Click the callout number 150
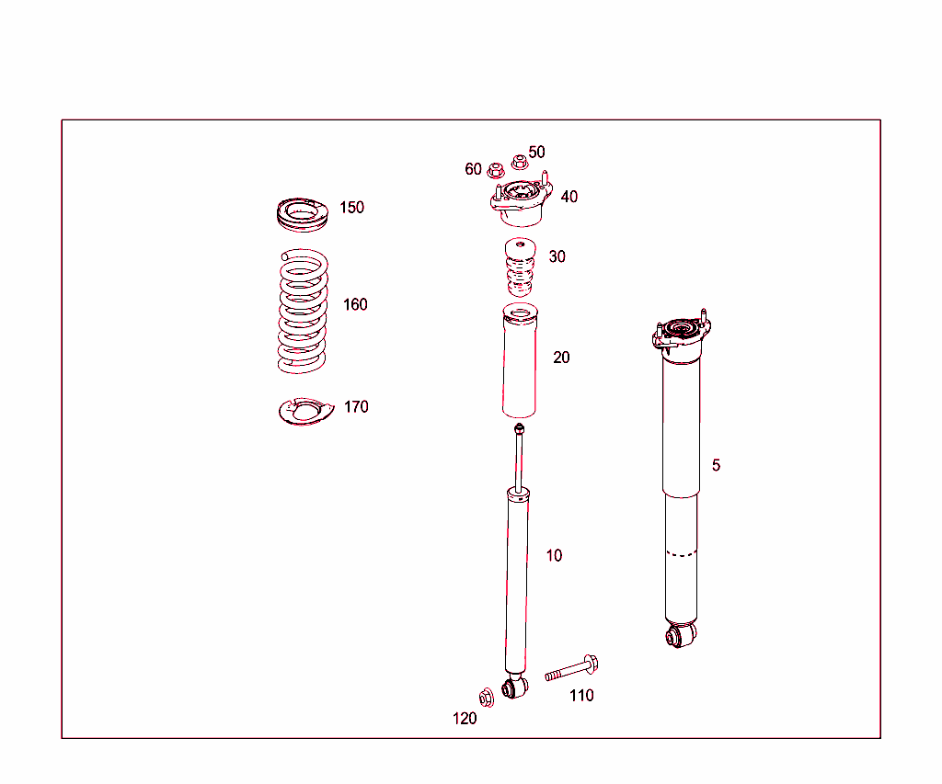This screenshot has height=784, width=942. tap(352, 208)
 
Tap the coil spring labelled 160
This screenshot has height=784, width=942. tap(304, 311)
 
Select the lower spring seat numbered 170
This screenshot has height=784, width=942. tap(305, 411)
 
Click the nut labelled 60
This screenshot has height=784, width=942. tap(495, 170)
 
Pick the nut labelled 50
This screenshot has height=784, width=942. tap(520, 162)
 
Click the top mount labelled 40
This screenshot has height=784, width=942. tap(521, 202)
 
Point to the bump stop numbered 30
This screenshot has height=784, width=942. tap(520, 267)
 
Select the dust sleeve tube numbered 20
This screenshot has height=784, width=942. tap(520, 361)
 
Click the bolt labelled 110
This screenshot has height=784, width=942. tap(571, 668)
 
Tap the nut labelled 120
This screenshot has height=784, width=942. tap(487, 698)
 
